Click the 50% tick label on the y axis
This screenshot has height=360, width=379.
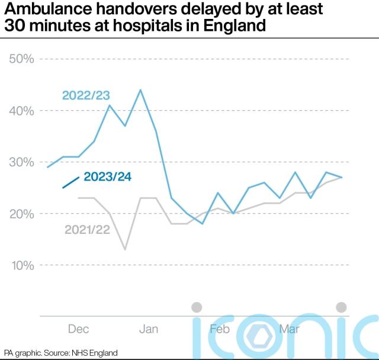point(21,59)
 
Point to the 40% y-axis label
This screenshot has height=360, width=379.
point(21,111)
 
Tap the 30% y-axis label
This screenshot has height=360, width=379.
point(21,162)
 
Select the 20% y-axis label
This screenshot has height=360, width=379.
point(21,214)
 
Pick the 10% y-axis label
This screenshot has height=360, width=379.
point(21,265)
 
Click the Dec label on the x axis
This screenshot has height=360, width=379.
point(79,329)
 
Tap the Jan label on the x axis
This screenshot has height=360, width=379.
point(149,329)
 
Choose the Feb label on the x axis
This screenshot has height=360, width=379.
point(219,329)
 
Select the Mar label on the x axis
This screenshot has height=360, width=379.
point(289,329)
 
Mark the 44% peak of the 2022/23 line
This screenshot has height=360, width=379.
point(140,90)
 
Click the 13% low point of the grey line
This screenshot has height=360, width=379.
point(125,249)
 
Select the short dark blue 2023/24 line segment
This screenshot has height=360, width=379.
point(70,182)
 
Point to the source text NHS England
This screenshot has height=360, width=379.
point(94,353)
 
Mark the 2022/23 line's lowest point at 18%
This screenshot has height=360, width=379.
point(202,224)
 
